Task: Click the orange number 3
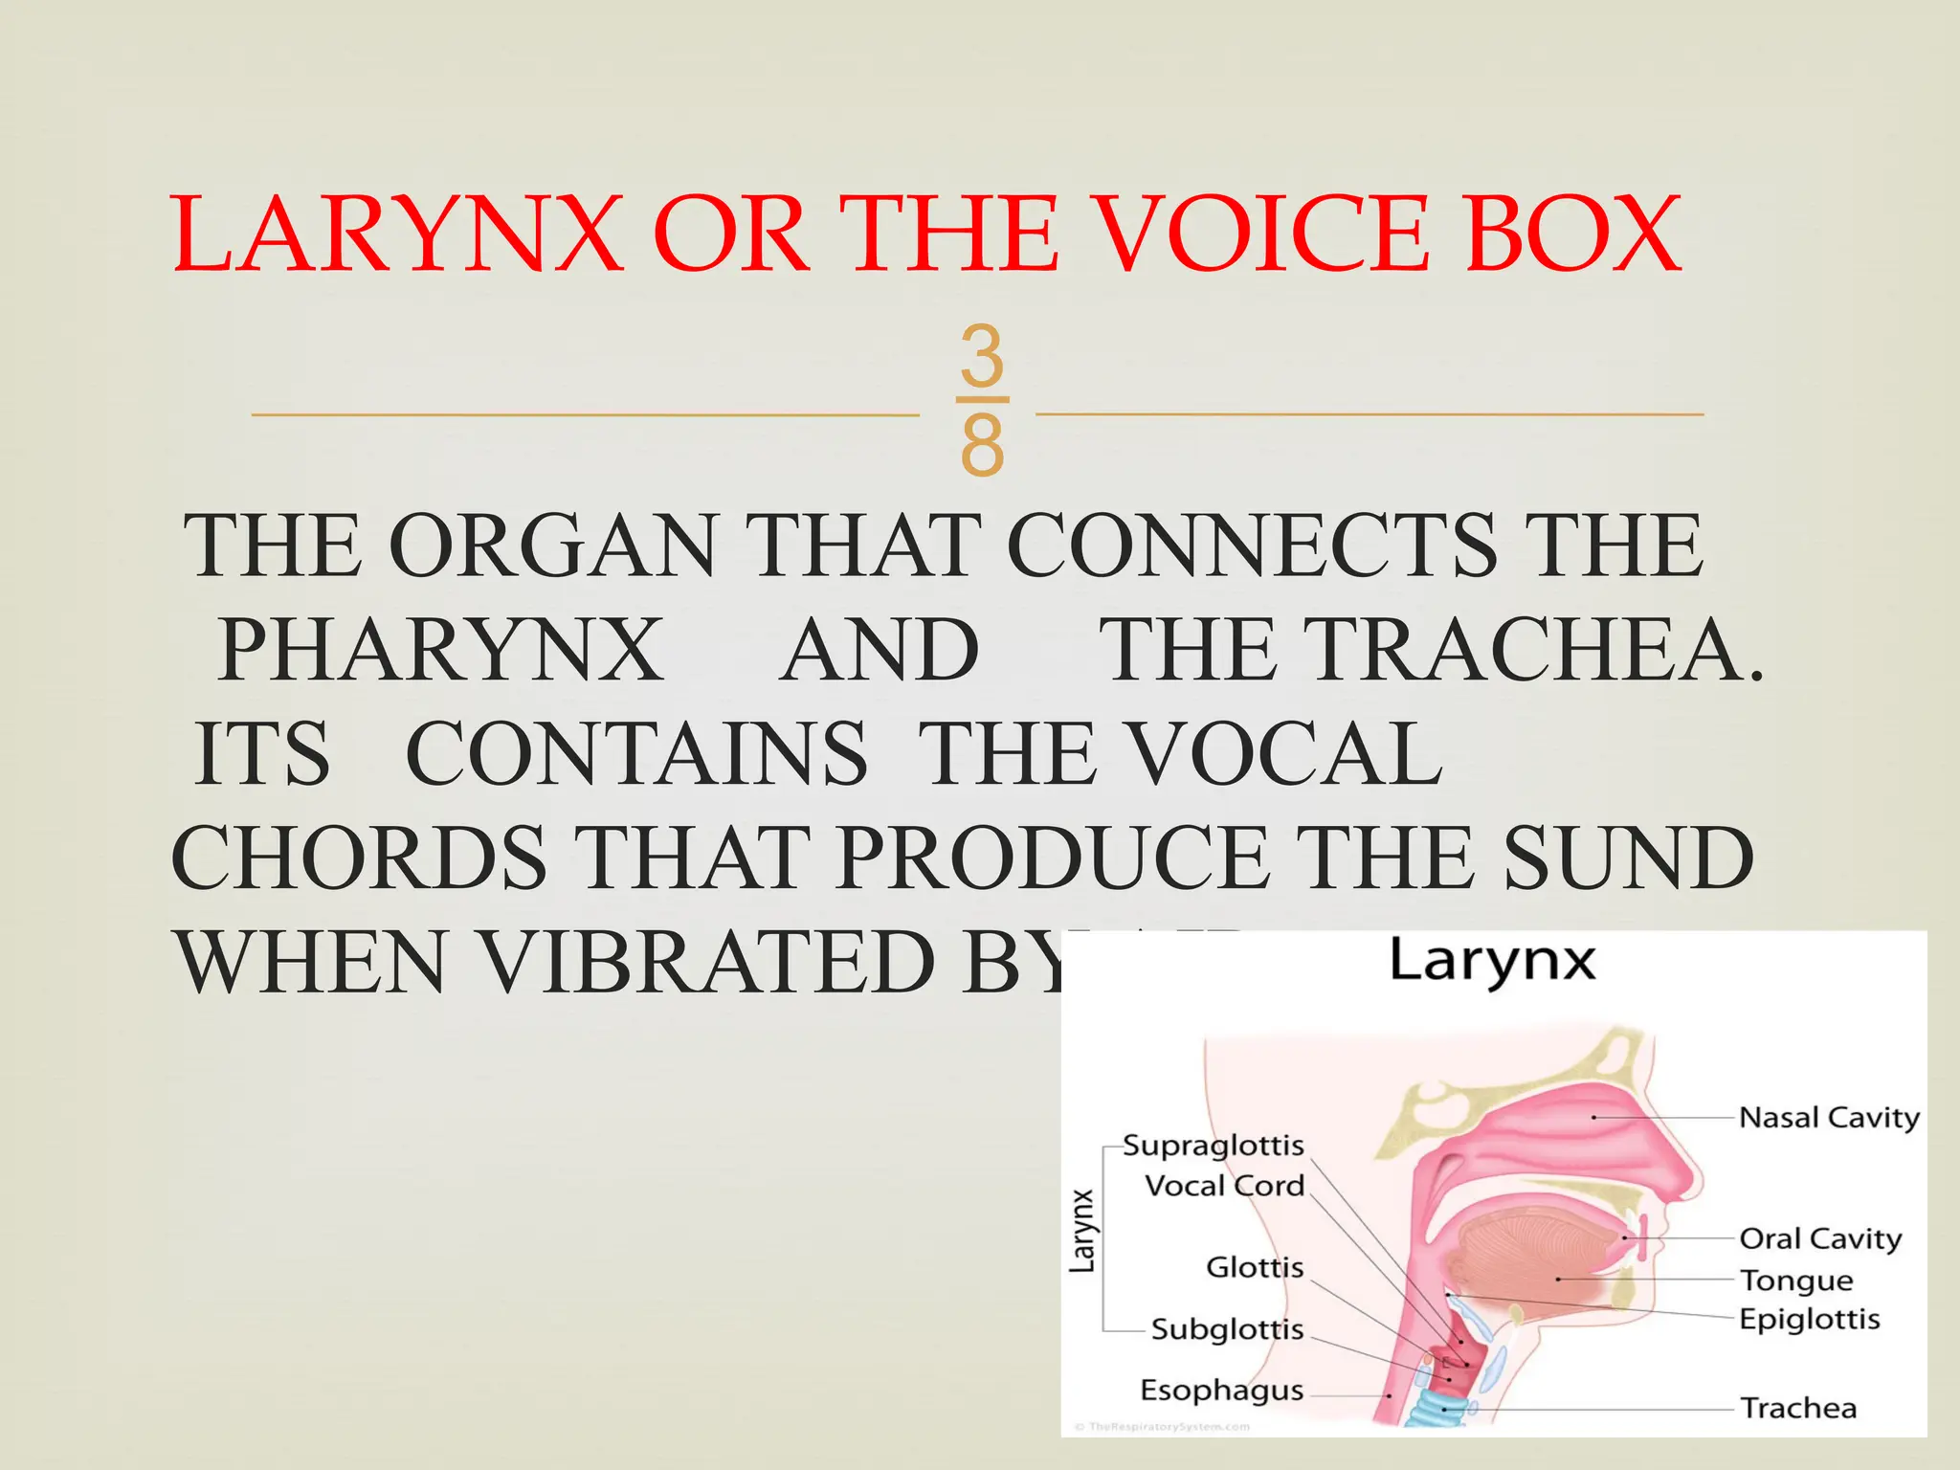pyautogui.click(x=982, y=355)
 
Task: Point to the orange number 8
pyautogui.click(x=982, y=445)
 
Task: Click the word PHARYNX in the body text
pyautogui.click(x=441, y=651)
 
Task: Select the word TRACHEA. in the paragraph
pyautogui.click(x=1431, y=651)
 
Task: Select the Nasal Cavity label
pyautogui.click(x=1828, y=1118)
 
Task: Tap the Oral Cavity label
pyautogui.click(x=1819, y=1238)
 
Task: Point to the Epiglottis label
pyautogui.click(x=1809, y=1320)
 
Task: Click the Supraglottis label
pyautogui.click(x=1213, y=1146)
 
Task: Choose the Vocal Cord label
pyautogui.click(x=1224, y=1187)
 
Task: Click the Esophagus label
pyautogui.click(x=1221, y=1391)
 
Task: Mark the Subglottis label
pyautogui.click(x=1227, y=1329)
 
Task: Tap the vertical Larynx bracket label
pyautogui.click(x=1082, y=1231)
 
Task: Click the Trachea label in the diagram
pyautogui.click(x=1797, y=1409)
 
